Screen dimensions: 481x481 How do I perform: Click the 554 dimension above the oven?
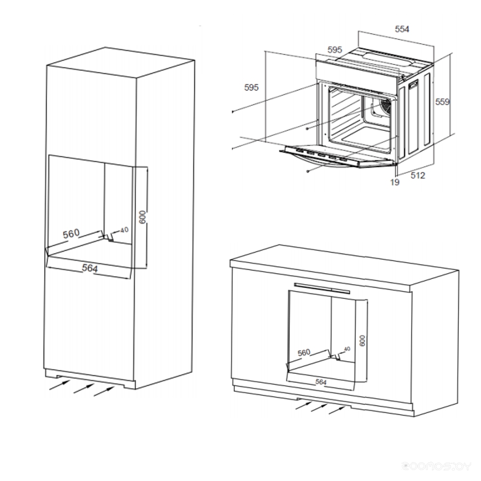click(402, 29)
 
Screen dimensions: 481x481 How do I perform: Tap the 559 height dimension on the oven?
click(442, 101)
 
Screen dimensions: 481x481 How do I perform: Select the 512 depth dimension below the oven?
click(418, 176)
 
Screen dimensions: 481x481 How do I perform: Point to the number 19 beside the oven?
click(395, 182)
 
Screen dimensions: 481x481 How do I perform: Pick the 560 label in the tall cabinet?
click(71, 234)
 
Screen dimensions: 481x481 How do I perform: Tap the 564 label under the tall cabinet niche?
click(89, 268)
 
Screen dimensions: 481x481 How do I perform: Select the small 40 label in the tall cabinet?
click(125, 230)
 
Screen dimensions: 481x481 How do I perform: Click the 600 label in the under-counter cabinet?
click(362, 341)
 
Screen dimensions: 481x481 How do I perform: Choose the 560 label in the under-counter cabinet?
click(304, 353)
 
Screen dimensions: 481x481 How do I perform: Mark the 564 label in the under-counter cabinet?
click(321, 382)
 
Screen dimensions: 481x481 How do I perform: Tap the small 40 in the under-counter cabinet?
click(347, 349)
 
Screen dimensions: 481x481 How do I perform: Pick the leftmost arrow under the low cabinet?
click(303, 405)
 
